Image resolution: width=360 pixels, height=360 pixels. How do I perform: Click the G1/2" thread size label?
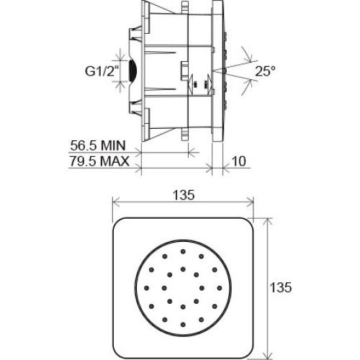102,71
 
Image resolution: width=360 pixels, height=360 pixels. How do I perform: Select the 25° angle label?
265,71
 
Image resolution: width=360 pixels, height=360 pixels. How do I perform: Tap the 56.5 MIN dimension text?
98,145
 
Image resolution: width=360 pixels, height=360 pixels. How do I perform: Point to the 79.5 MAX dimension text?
99,161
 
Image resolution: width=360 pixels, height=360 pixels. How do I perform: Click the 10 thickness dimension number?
239,161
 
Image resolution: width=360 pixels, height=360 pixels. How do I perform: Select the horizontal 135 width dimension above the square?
184,195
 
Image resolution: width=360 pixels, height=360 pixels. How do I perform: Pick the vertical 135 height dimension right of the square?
281,287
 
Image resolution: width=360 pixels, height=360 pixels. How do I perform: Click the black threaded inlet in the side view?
132,71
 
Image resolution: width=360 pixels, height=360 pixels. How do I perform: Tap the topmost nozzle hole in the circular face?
183,251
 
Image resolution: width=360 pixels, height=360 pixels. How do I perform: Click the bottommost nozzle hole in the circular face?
183,325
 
